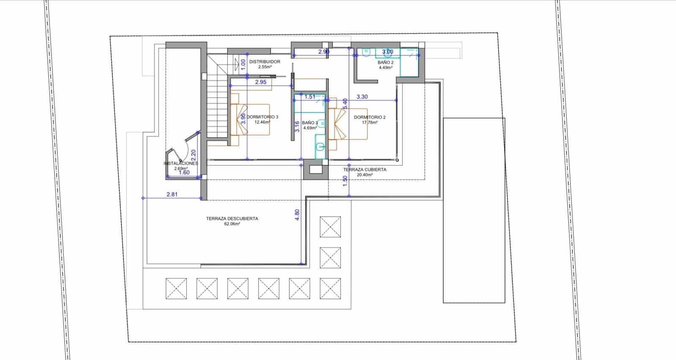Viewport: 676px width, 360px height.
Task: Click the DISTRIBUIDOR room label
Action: point(264,62)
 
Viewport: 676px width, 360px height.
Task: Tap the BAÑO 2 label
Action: point(385,62)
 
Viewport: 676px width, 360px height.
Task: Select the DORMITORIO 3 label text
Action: point(262,117)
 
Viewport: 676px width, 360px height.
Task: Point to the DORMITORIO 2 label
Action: point(370,117)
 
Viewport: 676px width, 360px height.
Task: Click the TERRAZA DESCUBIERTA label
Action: point(232,219)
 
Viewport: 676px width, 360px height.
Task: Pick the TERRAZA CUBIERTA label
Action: point(364,169)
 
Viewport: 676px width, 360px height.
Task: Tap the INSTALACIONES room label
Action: point(181,163)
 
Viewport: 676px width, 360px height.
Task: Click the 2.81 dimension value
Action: point(172,194)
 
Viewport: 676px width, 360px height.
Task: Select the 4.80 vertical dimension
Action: point(297,215)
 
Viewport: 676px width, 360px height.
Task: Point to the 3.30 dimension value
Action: point(362,97)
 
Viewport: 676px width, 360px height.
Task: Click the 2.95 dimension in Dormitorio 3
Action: point(261,82)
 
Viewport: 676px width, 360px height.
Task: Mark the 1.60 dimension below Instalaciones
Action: point(184,172)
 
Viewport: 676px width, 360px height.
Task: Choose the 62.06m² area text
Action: point(232,224)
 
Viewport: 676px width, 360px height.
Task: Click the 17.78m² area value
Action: point(370,123)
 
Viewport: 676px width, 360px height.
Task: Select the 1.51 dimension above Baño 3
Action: point(310,97)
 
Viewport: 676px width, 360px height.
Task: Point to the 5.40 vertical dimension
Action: point(345,104)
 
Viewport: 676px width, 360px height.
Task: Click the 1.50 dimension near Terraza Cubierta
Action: point(345,181)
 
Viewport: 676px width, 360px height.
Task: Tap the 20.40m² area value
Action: point(364,175)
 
